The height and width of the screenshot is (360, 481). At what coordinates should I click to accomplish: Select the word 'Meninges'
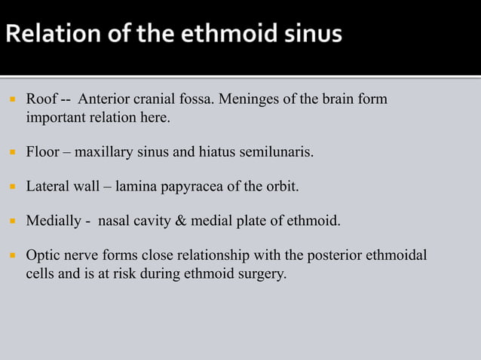(259, 99)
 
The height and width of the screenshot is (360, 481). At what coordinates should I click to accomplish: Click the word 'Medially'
(51, 221)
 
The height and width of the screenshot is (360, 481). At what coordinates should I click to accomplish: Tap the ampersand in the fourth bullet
(196, 221)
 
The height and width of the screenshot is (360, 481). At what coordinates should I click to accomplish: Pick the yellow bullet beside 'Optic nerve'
(12, 257)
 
